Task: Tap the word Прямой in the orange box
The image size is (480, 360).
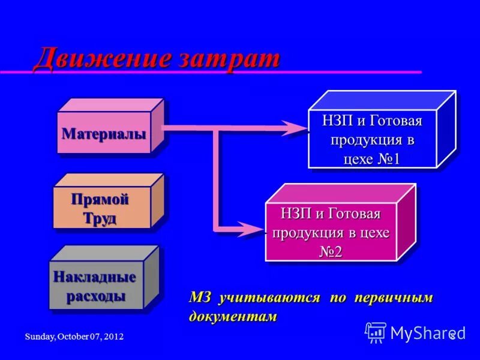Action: tap(100, 199)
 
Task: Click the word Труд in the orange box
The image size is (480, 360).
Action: tap(100, 218)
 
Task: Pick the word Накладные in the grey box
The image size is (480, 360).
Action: tap(95, 277)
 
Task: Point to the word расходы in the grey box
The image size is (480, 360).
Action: tap(96, 296)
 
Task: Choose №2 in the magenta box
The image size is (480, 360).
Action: tap(331, 251)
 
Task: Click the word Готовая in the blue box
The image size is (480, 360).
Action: tap(395, 121)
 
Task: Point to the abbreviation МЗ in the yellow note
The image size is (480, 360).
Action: tap(201, 298)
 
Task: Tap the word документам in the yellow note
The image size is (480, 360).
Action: tap(233, 316)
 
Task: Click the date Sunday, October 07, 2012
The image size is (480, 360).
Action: tap(74, 337)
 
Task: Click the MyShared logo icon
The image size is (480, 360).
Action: tap(376, 332)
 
